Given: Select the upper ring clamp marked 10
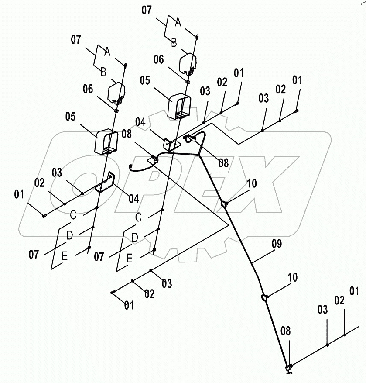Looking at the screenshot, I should point(224,204).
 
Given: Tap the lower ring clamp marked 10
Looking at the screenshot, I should point(264,297).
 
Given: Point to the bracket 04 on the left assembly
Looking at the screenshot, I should point(106,183).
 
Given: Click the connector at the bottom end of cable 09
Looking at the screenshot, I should point(288,368).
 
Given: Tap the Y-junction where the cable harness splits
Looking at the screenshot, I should point(198,155).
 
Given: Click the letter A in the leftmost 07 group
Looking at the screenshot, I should point(107,52).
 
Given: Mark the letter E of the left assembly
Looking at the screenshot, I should point(64,257).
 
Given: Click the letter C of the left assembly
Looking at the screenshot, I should point(73,215).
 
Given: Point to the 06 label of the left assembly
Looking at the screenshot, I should point(88,89).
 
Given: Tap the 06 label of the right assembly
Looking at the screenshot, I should point(159,59).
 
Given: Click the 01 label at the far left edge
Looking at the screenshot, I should point(18,194).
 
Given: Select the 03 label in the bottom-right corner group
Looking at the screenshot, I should point(322,310).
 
